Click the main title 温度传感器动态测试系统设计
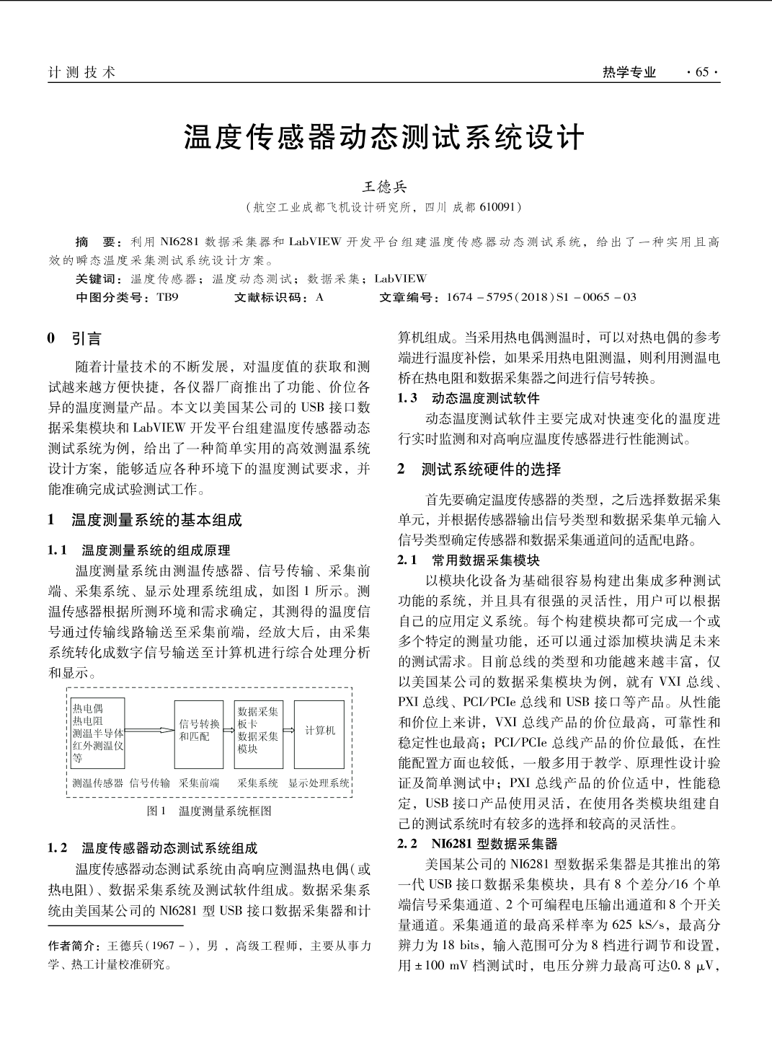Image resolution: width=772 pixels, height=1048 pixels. pyautogui.click(x=383, y=137)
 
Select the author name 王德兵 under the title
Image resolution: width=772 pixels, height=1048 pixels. pyautogui.click(x=384, y=187)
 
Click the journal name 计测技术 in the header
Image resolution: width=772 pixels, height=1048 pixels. pyautogui.click(x=81, y=72)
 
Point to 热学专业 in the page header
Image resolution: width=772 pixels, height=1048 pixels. pyautogui.click(x=629, y=72)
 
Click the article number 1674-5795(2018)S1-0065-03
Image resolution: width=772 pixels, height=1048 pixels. pyautogui.click(x=541, y=297)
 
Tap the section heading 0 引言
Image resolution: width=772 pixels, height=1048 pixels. pyautogui.click(x=75, y=338)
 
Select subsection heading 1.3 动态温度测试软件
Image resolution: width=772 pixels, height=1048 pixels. pyautogui.click(x=469, y=398)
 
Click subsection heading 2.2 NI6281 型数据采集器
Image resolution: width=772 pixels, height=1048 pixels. pyautogui.click(x=478, y=843)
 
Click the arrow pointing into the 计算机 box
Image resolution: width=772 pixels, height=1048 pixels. pyautogui.click(x=288, y=730)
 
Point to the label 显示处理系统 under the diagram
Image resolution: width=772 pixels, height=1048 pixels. pyautogui.click(x=319, y=783)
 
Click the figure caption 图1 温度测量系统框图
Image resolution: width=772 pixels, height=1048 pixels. pyautogui.click(x=209, y=811)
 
